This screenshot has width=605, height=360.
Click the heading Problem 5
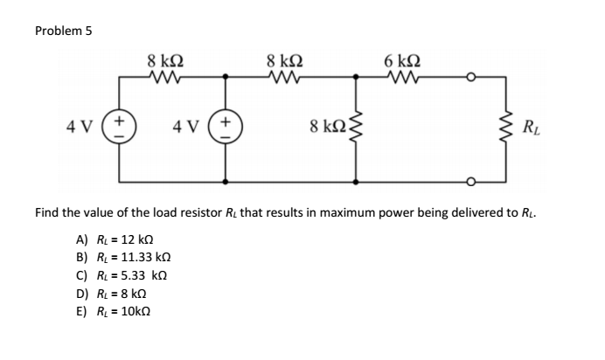[x=64, y=31]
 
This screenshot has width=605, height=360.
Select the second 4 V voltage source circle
[x=226, y=129]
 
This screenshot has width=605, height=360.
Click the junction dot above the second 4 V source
[x=226, y=77]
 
